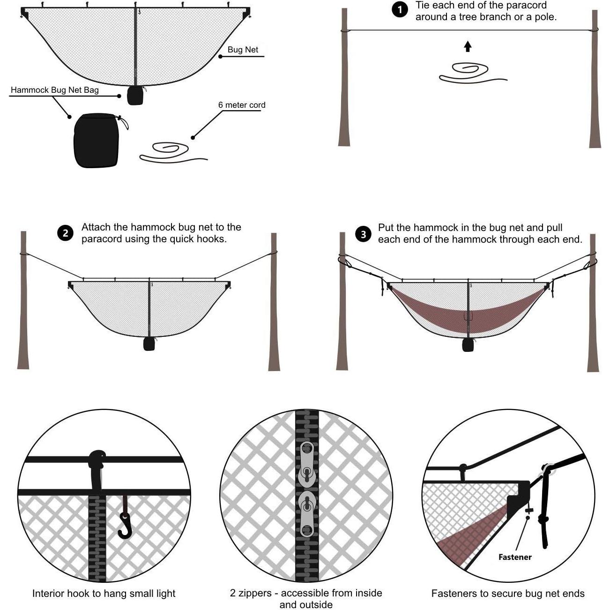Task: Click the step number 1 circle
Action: click(x=400, y=9)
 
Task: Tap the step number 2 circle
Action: click(x=65, y=233)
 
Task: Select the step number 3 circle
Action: click(x=363, y=233)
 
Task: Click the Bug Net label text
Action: click(x=243, y=50)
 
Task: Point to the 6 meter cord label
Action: click(x=242, y=105)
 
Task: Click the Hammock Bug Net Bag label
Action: click(x=55, y=90)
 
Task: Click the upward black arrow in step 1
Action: click(x=468, y=46)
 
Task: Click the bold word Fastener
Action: click(x=515, y=557)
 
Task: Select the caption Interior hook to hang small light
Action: click(x=104, y=594)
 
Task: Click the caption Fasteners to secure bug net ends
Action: click(x=508, y=594)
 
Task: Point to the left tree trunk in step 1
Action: click(x=344, y=80)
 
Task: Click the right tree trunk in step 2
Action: click(x=274, y=305)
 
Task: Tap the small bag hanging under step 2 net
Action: click(x=149, y=344)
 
